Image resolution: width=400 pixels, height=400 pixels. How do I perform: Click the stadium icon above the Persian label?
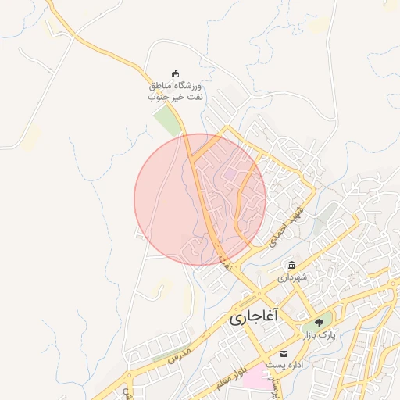point(175,73)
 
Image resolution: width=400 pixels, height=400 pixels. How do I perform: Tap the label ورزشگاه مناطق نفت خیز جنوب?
point(175,91)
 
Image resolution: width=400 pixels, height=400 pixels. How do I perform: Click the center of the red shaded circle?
point(200,199)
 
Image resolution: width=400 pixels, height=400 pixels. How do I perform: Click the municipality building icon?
point(291,265)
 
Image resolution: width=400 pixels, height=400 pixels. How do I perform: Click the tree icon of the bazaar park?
point(318,323)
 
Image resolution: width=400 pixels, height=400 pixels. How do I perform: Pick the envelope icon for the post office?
point(284,354)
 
